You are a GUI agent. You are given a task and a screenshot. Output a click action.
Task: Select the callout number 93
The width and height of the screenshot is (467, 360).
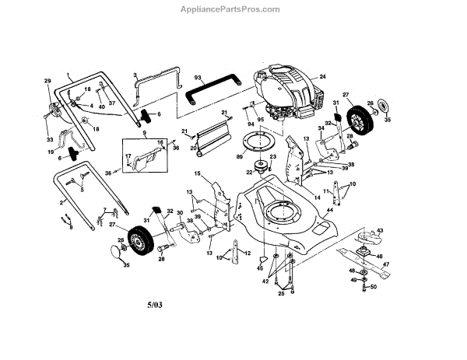[198, 78]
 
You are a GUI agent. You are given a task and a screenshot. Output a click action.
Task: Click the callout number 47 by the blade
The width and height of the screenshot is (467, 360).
[386, 264]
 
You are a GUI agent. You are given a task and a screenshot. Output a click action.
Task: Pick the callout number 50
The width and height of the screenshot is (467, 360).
[374, 288]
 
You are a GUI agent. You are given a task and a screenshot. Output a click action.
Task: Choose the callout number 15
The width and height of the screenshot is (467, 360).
[197, 173]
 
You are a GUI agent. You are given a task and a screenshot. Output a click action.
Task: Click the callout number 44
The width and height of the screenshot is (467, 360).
[330, 210]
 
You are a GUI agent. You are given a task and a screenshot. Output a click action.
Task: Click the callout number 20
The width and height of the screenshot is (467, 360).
[192, 147]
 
